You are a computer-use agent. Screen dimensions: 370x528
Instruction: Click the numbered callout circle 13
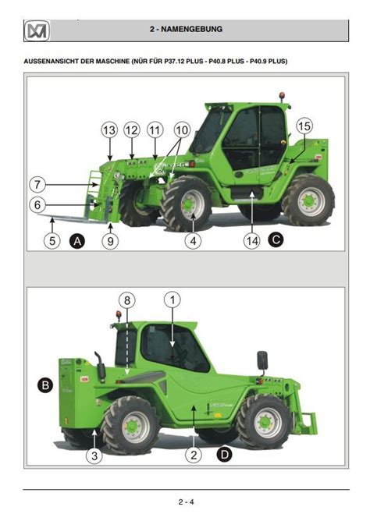point(109,130)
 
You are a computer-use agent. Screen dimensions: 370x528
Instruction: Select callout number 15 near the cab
point(304,126)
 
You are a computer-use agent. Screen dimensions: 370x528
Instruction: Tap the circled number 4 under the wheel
point(193,241)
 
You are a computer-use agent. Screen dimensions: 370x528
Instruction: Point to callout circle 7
point(37,185)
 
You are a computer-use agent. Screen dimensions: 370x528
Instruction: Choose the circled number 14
point(252,241)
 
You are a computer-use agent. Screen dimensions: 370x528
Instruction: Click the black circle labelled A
point(77,241)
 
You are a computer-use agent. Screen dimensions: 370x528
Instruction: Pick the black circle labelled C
point(276,239)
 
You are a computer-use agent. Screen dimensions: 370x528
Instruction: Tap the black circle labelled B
point(45,385)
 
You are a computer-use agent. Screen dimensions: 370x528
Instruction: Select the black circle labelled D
point(225,455)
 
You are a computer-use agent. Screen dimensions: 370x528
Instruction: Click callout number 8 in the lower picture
point(127,300)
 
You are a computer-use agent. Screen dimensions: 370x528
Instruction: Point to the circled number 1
point(173,299)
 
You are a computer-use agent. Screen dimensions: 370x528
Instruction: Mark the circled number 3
point(94,455)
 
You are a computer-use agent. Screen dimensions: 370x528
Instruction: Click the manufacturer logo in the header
point(37,31)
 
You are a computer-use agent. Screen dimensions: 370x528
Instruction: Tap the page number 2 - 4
point(186,501)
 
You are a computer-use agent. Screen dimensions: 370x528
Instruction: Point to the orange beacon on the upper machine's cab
point(282,96)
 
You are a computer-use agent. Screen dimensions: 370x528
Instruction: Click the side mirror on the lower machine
point(262,360)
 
